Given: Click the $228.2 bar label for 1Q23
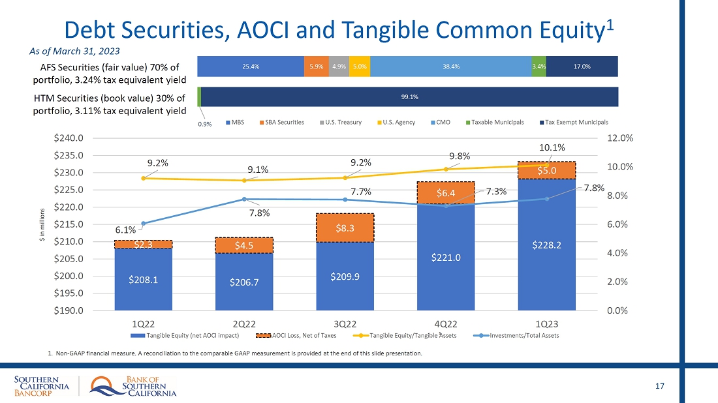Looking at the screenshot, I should click(x=546, y=245).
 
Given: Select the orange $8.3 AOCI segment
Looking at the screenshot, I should click(x=345, y=228).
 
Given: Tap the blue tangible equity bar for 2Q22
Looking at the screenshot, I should click(x=244, y=282).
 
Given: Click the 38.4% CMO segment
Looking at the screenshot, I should click(x=450, y=66).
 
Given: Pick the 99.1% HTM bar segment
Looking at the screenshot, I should click(x=410, y=97).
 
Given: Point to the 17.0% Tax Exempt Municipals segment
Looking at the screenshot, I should click(x=582, y=66).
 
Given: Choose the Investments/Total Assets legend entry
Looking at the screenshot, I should click(x=520, y=335).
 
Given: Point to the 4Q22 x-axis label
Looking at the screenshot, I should click(x=445, y=323).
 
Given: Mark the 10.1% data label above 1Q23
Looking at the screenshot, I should click(x=552, y=147).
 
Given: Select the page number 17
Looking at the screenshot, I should click(x=659, y=387).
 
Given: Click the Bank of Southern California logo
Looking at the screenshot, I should click(x=133, y=386).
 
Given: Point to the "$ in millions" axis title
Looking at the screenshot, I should click(x=43, y=224).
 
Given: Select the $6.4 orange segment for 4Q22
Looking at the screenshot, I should click(x=445, y=193).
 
